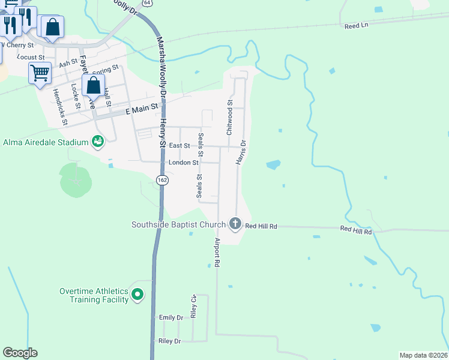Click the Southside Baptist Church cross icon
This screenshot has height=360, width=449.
pyautogui.click(x=235, y=224)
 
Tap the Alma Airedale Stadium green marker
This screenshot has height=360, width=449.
pyautogui.click(x=97, y=142)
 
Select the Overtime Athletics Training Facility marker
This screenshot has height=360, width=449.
pyautogui.click(x=137, y=295)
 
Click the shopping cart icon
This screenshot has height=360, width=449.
pyautogui.click(x=40, y=73)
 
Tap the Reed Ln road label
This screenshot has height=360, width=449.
pyautogui.click(x=355, y=26)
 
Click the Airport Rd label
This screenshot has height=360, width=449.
pyautogui.click(x=217, y=252)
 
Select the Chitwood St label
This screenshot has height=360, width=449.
pyautogui.click(x=229, y=117)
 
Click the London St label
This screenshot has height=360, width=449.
pyautogui.click(x=183, y=163)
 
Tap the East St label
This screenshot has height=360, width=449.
pyautogui.click(x=179, y=146)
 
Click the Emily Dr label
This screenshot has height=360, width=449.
pyautogui.click(x=170, y=317)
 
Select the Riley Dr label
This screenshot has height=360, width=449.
pyautogui.click(x=169, y=341)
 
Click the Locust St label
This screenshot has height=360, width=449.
pyautogui.click(x=31, y=57)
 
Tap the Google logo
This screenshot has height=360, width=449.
pyautogui.click(x=20, y=353)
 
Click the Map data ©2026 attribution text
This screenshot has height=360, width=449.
pyautogui.click(x=424, y=355)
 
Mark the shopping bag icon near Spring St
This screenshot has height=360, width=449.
pyautogui.click(x=93, y=85)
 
